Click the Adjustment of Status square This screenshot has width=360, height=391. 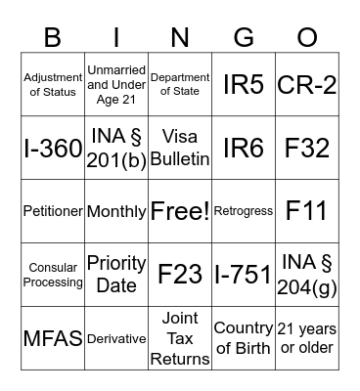[53, 84]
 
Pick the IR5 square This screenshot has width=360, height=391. [244, 84]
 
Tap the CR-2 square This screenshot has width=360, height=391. [307, 84]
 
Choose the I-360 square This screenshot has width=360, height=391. [53, 148]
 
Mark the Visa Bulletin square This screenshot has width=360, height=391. [180, 148]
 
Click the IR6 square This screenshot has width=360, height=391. [244, 148]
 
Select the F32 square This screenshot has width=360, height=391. [307, 148]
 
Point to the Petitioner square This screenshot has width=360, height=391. [53, 211]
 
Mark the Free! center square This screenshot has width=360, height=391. [180, 211]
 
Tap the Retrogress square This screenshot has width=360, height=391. [244, 211]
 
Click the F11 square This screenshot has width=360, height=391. [307, 211]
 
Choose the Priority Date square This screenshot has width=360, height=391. [116, 275]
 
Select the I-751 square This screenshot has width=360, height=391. [244, 275]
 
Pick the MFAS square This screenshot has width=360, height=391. [53, 338]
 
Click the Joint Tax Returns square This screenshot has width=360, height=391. [180, 338]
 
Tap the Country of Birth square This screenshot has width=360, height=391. [244, 338]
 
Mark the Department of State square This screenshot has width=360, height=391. [180, 84]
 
